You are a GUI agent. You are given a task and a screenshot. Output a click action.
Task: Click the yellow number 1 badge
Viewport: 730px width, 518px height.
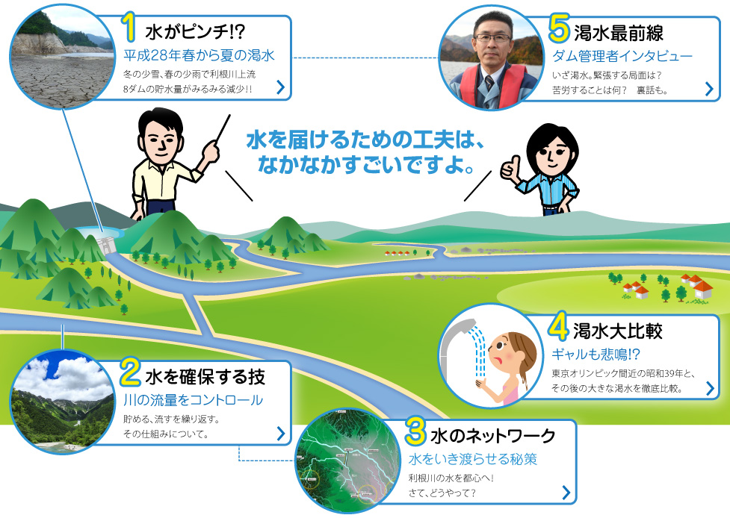pyautogui.click(x=129, y=27)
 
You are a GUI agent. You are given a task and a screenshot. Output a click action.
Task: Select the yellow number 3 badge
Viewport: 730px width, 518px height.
pyautogui.click(x=415, y=431)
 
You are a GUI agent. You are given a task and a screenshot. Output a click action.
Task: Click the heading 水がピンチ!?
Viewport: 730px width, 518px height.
pyautogui.click(x=195, y=31)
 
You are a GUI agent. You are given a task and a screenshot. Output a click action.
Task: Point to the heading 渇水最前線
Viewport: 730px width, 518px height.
pyautogui.click(x=619, y=33)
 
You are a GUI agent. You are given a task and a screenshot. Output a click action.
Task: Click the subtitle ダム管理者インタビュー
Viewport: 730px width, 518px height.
pyautogui.click(x=622, y=56)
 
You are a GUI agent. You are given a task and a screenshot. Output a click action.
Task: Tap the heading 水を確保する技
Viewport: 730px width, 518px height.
pyautogui.click(x=205, y=377)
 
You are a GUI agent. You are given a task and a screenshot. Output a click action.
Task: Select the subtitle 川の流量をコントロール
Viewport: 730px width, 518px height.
pyautogui.click(x=194, y=400)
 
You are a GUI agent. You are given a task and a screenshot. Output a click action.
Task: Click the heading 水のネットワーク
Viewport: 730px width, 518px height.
pyautogui.click(x=493, y=436)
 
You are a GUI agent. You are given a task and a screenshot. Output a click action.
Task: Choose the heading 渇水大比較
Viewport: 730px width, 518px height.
pyautogui.click(x=618, y=331)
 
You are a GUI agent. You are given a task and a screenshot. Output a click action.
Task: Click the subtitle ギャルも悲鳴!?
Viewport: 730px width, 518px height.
pyautogui.click(x=596, y=355)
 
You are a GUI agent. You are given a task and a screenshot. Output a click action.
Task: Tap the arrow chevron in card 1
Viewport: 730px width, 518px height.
pyautogui.click(x=281, y=87)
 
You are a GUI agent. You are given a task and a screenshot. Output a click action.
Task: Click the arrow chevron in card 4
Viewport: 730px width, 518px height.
pyautogui.click(x=710, y=388)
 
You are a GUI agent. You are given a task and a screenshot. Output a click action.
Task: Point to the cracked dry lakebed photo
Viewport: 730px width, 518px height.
pyautogui.click(x=62, y=57)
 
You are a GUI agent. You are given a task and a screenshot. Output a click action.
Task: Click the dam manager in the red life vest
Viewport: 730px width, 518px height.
pyautogui.click(x=492, y=58)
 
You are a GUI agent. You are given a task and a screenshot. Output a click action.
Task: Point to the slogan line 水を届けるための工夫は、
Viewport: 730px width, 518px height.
pyautogui.click(x=366, y=140)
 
